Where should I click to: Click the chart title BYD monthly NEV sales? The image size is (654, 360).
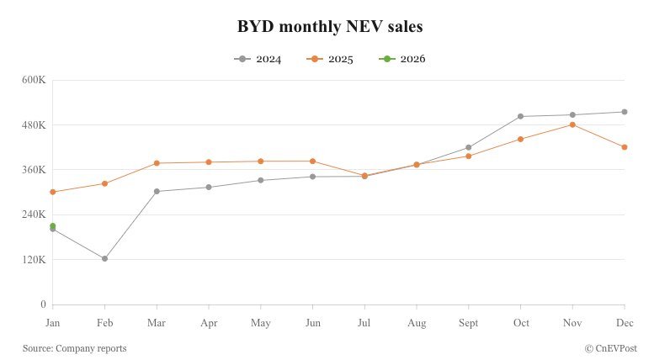coord(330,27)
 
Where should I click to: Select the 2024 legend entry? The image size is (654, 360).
coord(258,59)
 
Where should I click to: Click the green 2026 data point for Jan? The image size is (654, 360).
coord(53,225)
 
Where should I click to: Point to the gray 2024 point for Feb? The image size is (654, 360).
coord(104,258)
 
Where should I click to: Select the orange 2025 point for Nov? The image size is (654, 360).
coord(572,124)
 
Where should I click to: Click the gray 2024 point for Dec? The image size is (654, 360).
coord(624,112)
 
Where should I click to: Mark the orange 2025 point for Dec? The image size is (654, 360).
coord(624,147)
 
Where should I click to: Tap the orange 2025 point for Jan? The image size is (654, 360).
coord(53,192)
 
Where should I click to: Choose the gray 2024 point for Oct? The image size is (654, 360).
coord(520,116)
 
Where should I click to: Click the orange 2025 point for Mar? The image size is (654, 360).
coord(157,163)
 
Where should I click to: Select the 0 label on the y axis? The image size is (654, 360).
coord(42,304)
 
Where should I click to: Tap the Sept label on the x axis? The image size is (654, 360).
coord(468,322)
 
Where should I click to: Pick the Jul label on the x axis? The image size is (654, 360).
coord(364,322)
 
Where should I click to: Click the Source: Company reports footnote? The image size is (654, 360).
coord(74,348)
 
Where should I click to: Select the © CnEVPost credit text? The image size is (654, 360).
coord(610,348)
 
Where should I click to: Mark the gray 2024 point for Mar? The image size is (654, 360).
coord(157,191)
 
